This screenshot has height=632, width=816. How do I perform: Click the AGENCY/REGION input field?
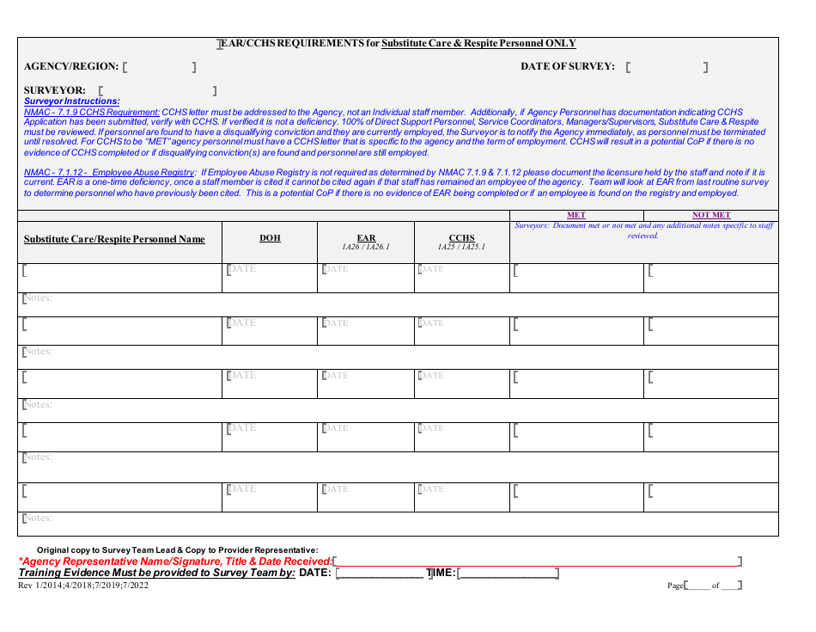tap(160, 67)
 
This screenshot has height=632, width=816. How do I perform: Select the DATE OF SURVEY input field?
tap(667, 67)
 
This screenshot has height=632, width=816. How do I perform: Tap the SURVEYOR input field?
tap(156, 90)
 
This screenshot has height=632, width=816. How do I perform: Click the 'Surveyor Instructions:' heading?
tap(72, 101)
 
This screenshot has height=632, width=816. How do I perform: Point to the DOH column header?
tap(270, 238)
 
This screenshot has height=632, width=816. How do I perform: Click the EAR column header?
tap(366, 238)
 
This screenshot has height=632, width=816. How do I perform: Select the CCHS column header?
tap(462, 238)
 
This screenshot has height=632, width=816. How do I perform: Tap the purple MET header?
tap(576, 215)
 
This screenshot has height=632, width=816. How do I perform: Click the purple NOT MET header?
tap(711, 215)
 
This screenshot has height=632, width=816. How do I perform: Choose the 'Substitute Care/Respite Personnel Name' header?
tap(114, 239)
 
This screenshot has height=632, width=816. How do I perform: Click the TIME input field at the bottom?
tap(508, 573)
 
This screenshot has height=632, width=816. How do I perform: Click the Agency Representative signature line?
tap(536, 561)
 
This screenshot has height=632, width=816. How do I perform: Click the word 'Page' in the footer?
tap(675, 586)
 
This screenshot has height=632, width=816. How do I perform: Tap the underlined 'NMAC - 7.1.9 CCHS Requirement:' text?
tap(92, 112)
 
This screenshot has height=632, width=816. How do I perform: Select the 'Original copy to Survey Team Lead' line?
tap(177, 549)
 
